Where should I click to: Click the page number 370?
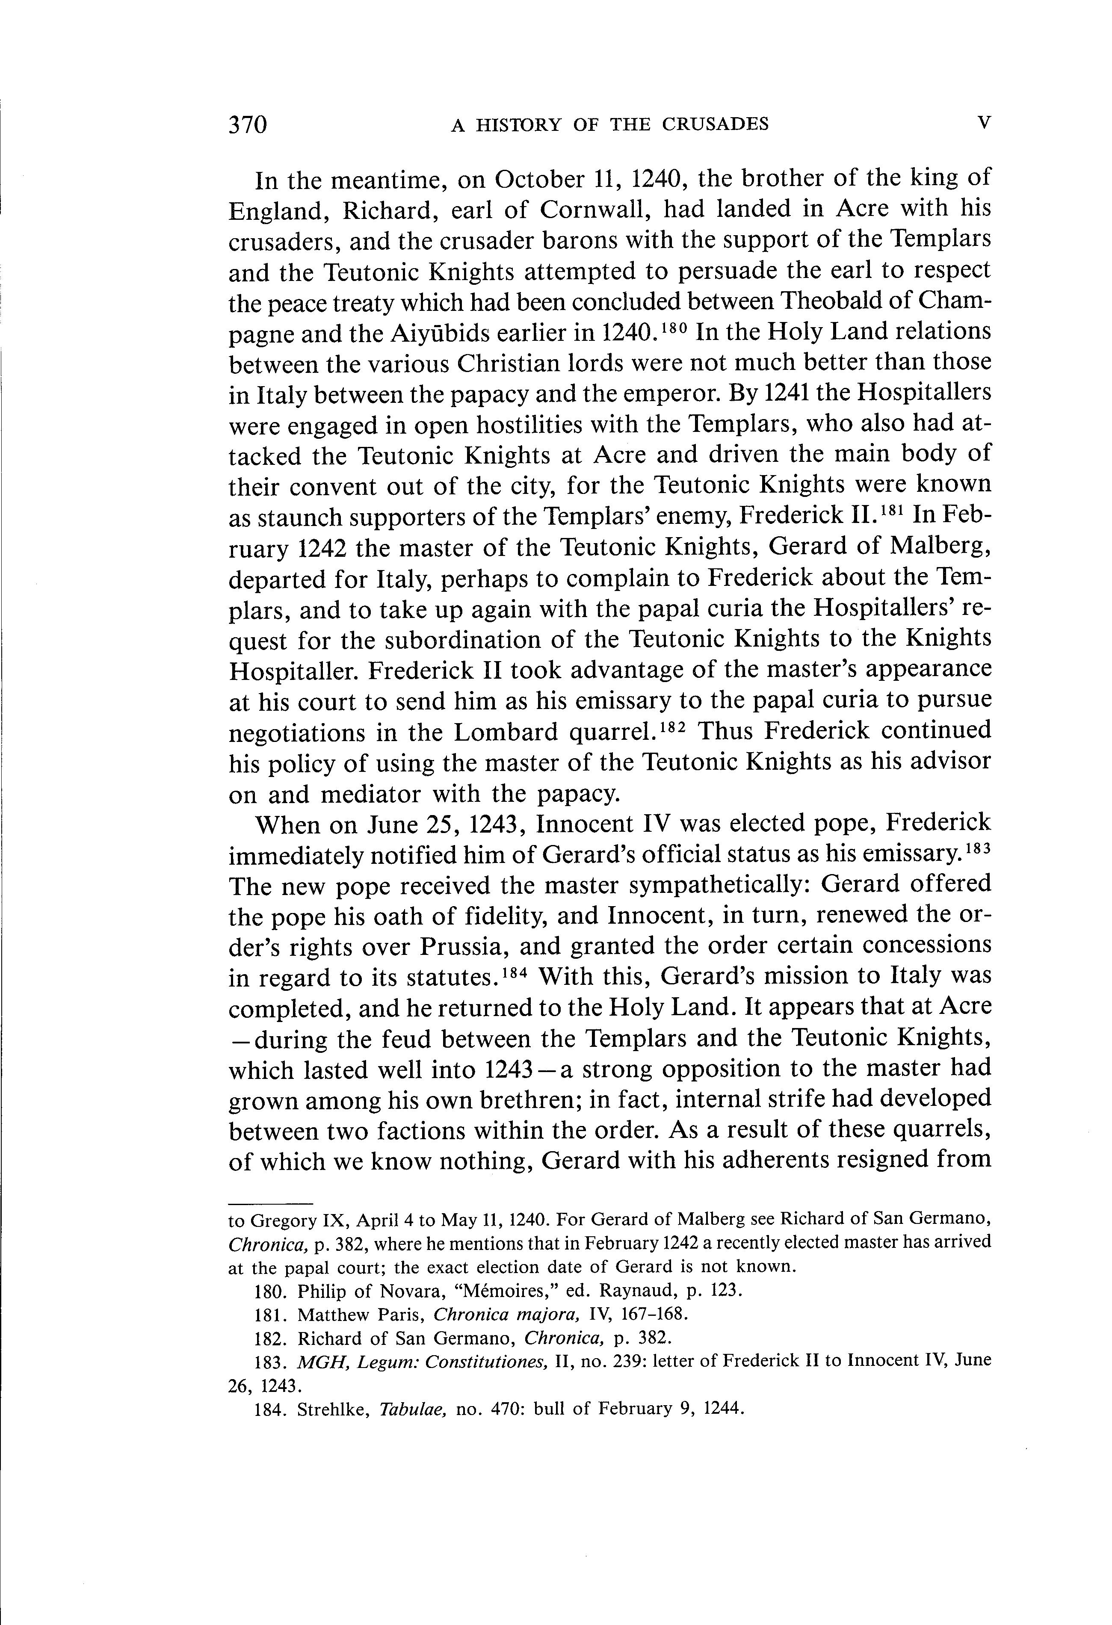[248, 124]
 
